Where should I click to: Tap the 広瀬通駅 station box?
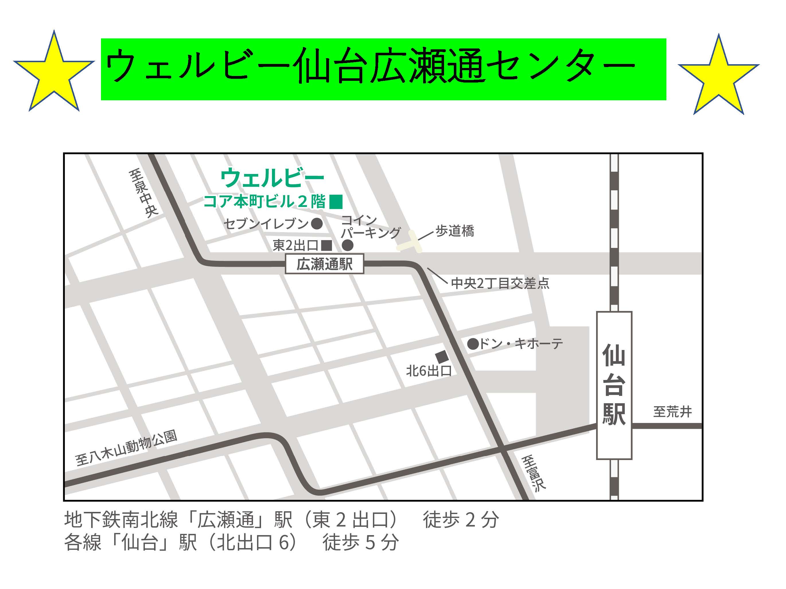click(324, 264)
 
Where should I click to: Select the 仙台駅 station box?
click(614, 385)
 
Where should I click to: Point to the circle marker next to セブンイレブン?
click(317, 224)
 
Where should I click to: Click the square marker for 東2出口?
click(326, 245)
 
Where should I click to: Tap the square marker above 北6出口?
click(441, 357)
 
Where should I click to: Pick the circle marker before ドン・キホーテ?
click(472, 344)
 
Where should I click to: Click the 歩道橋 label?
click(455, 231)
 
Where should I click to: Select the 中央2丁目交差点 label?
click(500, 283)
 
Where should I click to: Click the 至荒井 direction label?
click(672, 412)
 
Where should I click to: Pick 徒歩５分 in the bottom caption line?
click(360, 543)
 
